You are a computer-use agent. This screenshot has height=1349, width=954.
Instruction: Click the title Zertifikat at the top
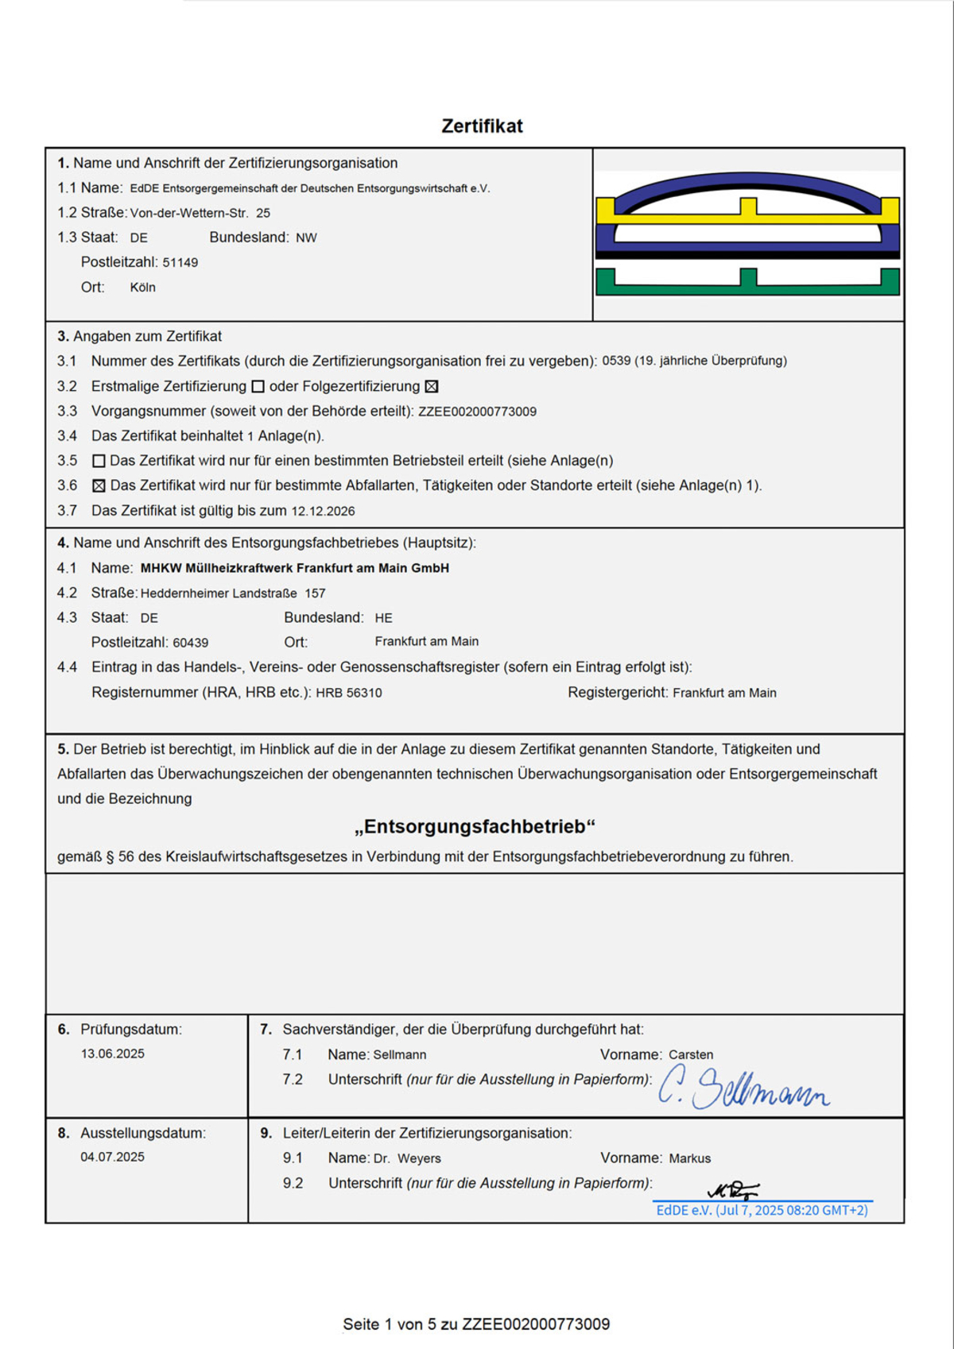pos(482,126)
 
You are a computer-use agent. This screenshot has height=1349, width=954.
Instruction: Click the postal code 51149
pos(180,263)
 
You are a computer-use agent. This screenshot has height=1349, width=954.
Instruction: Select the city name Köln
pos(143,288)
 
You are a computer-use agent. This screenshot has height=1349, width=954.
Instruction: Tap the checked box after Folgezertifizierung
pos(432,387)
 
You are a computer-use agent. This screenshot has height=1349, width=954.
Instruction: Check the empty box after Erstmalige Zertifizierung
pos(258,387)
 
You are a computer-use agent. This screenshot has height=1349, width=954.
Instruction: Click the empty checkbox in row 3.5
pos(99,461)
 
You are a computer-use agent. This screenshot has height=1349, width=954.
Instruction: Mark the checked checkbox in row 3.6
pos(99,485)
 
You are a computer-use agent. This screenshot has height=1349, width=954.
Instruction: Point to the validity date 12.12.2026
pos(323,511)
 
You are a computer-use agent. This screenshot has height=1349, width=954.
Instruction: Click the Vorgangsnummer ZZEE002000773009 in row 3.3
pos(477,412)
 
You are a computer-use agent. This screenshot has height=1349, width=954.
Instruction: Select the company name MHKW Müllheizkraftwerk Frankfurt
pos(295,568)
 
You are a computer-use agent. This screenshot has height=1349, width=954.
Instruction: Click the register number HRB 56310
pos(349,693)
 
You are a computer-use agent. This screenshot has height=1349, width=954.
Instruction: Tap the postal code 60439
pos(191,643)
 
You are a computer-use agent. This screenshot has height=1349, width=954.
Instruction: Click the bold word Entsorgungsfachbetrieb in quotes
pos(475,827)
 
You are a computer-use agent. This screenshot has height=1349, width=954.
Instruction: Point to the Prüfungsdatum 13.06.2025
pos(113,1054)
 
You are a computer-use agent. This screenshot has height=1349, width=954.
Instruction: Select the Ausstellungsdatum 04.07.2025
pos(113,1158)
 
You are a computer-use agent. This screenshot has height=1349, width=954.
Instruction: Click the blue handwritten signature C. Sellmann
pos(743,1088)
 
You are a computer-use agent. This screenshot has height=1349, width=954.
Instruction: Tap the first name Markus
pos(690,1158)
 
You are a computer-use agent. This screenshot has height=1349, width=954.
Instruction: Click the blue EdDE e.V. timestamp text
pos(762,1211)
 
